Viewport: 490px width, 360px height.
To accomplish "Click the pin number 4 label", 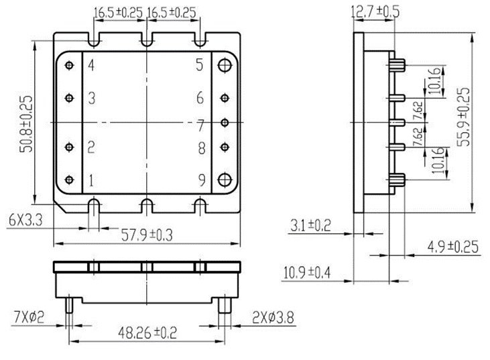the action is pos(91,65).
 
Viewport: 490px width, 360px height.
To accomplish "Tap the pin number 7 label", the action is pos(200,125).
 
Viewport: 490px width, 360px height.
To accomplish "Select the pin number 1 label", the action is pos(91,180).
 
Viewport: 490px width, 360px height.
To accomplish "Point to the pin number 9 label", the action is pos(202,180).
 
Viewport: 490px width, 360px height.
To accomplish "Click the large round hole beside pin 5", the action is pos(225,66).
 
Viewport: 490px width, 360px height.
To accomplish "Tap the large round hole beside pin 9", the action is pos(225,180).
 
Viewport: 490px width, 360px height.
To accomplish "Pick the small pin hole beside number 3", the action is pos(69,98).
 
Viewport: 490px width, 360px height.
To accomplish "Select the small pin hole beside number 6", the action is pos(225,98).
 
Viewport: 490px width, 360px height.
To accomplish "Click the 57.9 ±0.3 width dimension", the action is pos(147,235).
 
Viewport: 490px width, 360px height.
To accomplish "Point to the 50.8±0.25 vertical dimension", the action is pos(26,124).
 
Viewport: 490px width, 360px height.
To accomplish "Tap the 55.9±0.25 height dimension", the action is pos(464,117).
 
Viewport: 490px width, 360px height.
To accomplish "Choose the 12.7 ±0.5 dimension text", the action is pos(375,12).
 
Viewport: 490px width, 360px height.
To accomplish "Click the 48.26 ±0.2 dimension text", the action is pos(147,333).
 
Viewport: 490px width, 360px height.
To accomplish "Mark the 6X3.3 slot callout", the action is pos(25,221).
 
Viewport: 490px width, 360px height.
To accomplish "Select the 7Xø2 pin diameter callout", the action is pos(29,318).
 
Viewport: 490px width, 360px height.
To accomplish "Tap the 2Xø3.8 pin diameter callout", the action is pos(273,318).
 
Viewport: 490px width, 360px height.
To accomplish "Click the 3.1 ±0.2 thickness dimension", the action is pos(310,225).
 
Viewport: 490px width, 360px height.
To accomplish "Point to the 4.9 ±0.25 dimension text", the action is pos(453,247).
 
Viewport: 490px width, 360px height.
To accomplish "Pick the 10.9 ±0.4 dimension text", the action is pos(307,272).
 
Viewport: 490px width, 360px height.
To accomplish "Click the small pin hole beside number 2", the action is pos(69,147).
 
